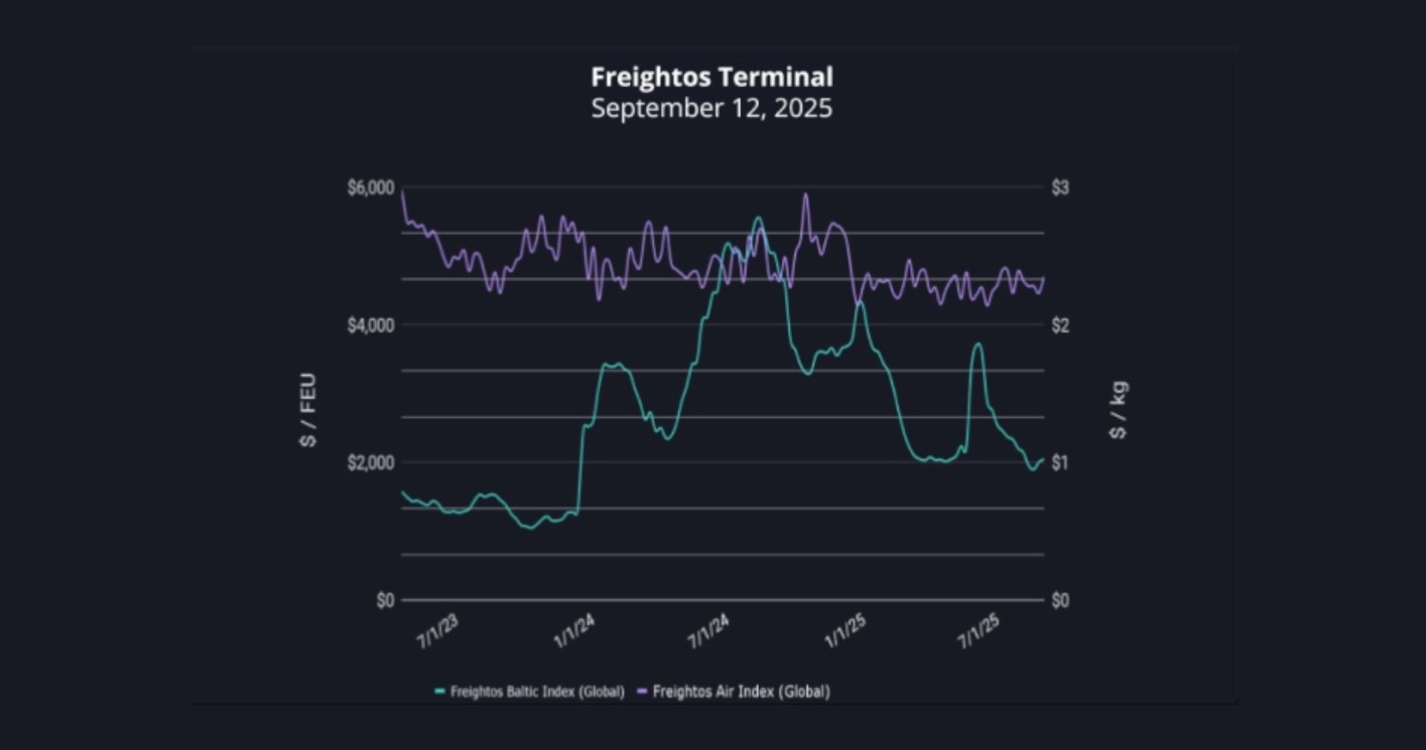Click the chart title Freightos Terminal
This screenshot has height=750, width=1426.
tap(711, 76)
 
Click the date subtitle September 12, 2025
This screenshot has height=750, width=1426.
tap(711, 108)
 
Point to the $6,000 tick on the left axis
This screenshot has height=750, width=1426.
tap(370, 187)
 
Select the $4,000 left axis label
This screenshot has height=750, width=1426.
tap(370, 325)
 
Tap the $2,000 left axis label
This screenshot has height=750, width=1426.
tap(370, 463)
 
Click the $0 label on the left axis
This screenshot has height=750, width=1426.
tap(385, 600)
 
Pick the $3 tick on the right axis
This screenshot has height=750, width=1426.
tap(1060, 187)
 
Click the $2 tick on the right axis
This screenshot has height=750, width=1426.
tap(1060, 325)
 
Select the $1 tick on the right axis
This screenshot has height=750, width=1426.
tap(1060, 463)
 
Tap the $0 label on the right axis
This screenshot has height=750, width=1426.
tap(1060, 600)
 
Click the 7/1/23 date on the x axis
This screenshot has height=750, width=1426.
tap(437, 631)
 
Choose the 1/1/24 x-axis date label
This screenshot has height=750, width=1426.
tap(574, 631)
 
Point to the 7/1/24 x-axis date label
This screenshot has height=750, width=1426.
tap(708, 631)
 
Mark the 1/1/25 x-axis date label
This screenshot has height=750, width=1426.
tap(846, 631)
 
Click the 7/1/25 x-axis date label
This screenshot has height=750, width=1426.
tap(979, 631)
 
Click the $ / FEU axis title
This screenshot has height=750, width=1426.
tap(308, 409)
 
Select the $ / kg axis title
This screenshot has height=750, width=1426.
tap(1118, 409)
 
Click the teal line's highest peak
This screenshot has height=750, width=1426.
tap(758, 217)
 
